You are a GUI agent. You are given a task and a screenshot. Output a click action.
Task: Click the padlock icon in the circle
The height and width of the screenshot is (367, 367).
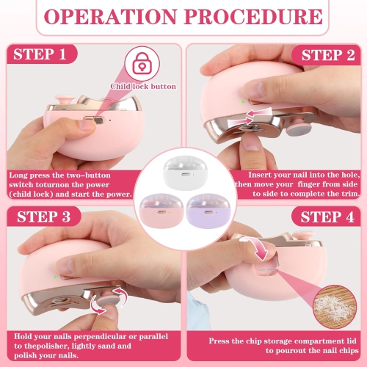142,65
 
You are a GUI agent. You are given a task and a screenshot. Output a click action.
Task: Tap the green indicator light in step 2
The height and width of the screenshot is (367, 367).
243,103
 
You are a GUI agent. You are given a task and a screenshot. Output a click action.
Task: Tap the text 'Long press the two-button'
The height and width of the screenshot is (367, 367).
57,176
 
